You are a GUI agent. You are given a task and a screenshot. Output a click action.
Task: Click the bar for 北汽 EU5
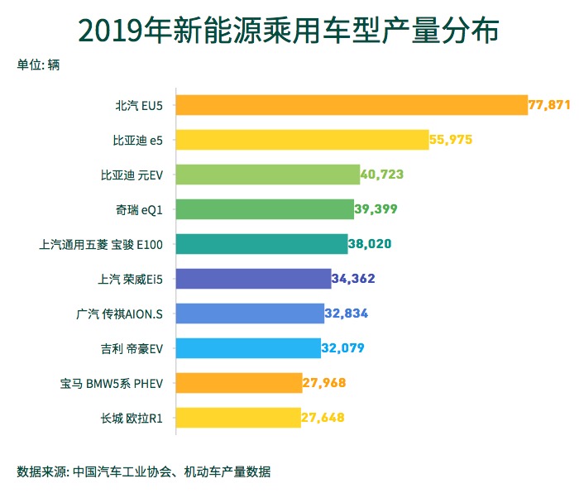tap(352, 105)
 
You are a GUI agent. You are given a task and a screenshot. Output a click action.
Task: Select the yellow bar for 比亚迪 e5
tap(303, 140)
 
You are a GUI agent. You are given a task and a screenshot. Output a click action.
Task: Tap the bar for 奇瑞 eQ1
tap(266, 209)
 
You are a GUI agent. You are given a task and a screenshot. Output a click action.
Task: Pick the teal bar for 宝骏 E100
tap(262, 244)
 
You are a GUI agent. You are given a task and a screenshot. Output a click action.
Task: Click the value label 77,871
tap(550, 105)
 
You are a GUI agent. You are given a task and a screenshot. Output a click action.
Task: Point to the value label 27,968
tap(323, 383)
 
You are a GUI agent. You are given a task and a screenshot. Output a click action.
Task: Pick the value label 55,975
tap(451, 140)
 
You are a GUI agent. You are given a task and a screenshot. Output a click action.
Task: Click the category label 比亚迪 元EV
tap(132, 175)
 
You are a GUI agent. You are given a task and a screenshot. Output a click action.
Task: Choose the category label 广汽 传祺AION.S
tap(119, 314)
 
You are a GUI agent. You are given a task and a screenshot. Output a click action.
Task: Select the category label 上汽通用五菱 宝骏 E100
tap(101, 244)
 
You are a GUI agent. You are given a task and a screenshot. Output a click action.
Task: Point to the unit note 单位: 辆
tap(38, 65)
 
